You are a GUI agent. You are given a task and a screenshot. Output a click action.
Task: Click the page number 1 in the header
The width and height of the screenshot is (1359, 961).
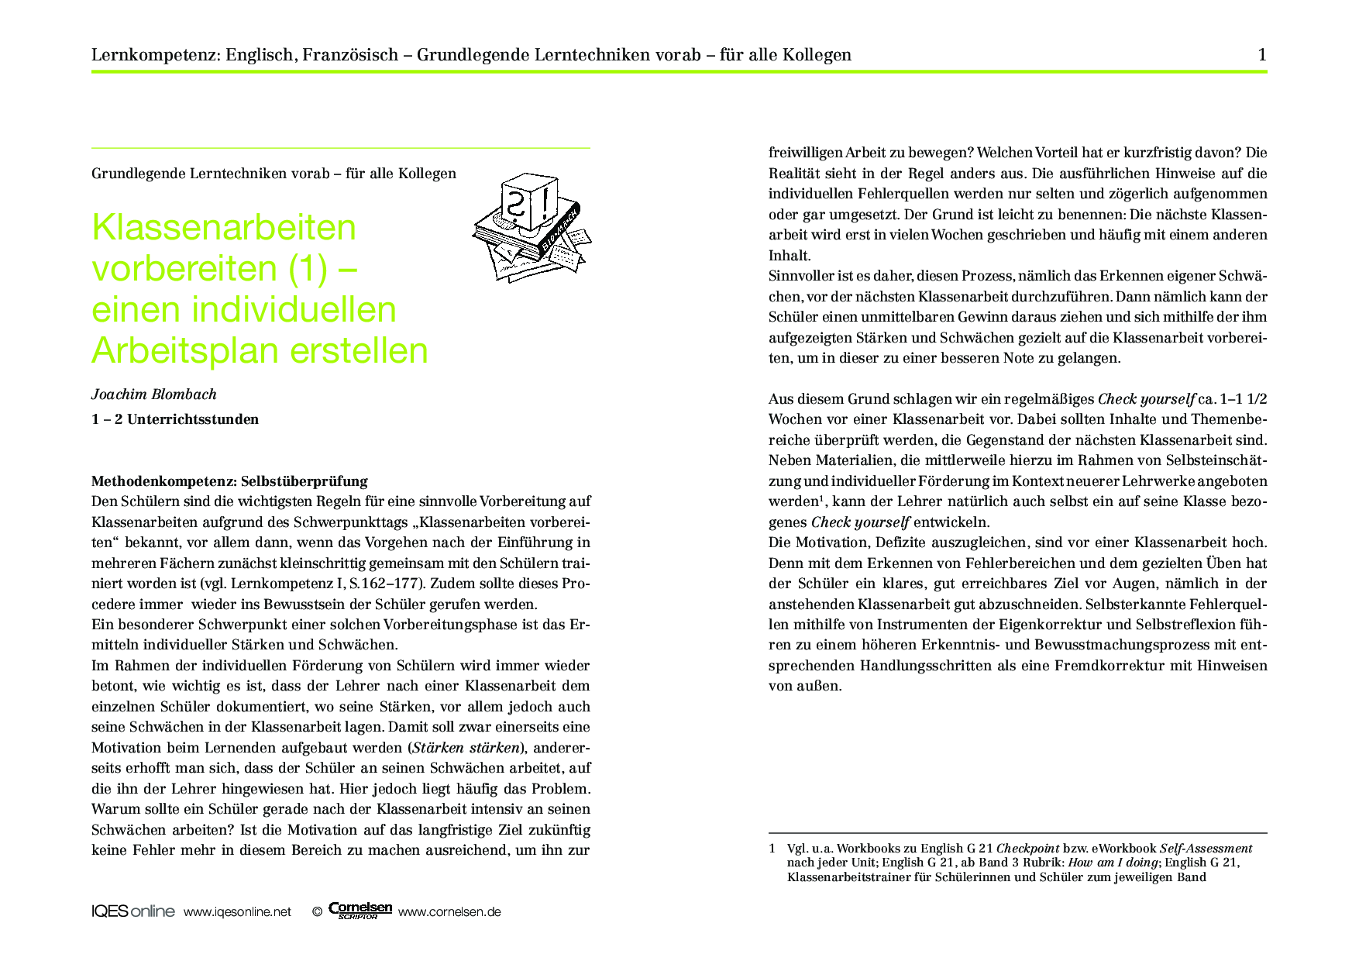1262,54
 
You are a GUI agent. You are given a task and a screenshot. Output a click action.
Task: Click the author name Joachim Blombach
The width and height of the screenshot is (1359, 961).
153,394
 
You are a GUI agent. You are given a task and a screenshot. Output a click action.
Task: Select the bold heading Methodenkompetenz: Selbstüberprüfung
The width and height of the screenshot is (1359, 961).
229,481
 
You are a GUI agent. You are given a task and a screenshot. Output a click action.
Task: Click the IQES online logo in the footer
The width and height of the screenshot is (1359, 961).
132,911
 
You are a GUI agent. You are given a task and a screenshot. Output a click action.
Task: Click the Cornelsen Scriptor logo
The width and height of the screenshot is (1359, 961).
360,911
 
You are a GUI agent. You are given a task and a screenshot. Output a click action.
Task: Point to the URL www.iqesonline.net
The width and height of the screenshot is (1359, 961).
237,912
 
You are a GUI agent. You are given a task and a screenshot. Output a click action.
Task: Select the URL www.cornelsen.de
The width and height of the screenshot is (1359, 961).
449,912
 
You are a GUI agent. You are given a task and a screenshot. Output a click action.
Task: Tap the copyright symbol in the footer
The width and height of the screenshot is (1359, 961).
316,912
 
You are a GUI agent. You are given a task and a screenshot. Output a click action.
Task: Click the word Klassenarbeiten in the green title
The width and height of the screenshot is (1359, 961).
224,228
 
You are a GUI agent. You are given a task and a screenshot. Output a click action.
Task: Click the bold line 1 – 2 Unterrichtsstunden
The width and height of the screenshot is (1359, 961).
175,419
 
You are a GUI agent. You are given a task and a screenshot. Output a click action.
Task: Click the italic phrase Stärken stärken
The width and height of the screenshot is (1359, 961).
466,748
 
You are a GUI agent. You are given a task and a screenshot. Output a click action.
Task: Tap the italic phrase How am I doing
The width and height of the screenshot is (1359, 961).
1113,863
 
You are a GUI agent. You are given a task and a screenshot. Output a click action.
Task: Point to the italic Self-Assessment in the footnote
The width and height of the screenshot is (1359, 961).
1206,849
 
